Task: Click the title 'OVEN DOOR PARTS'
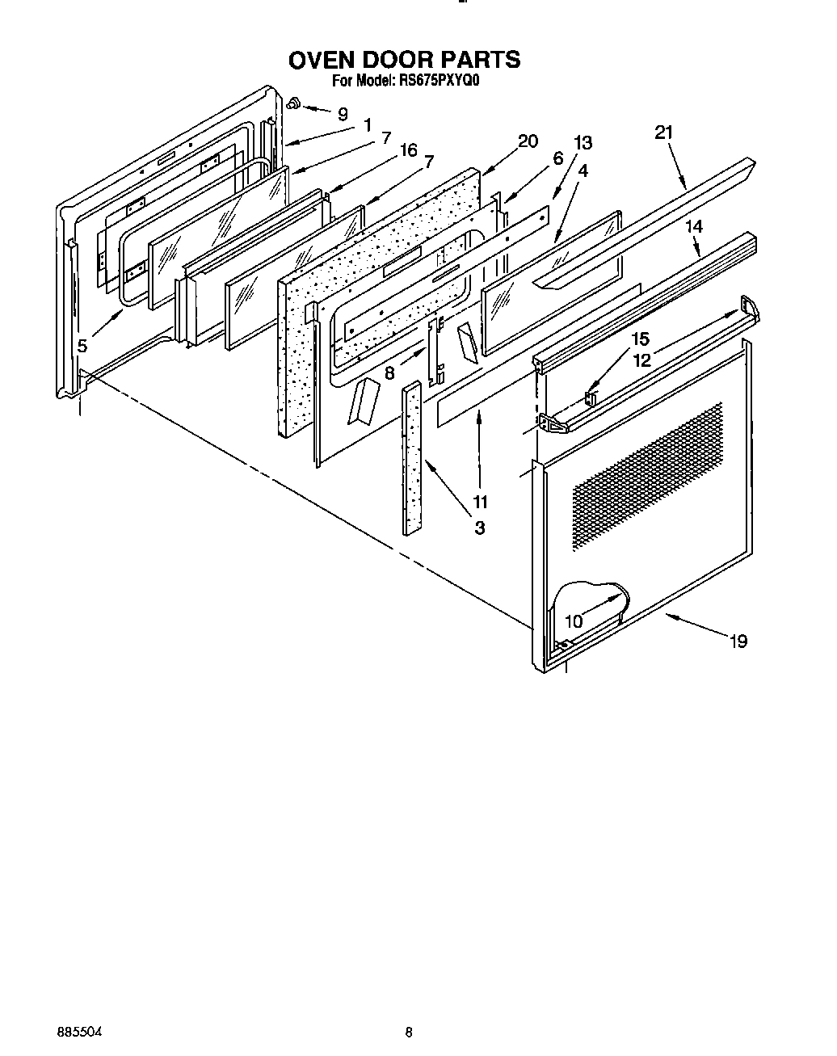click(x=404, y=60)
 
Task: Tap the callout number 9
click(x=343, y=114)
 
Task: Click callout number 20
click(x=527, y=141)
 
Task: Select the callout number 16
click(x=408, y=149)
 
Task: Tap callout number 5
click(x=82, y=346)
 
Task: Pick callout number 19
click(x=738, y=642)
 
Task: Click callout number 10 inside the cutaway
click(x=574, y=621)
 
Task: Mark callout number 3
click(x=479, y=528)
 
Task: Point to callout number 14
click(x=694, y=227)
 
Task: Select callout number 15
click(x=640, y=339)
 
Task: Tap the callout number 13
click(x=583, y=143)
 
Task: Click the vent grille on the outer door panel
click(x=646, y=477)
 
